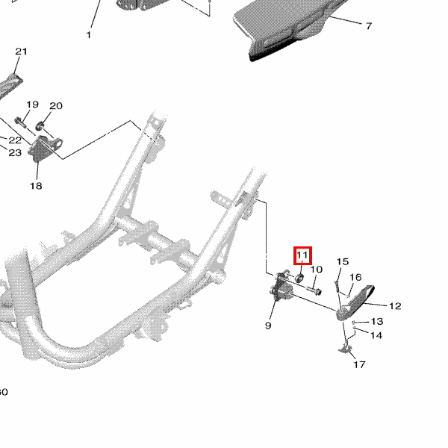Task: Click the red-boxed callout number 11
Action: pyautogui.click(x=302, y=256)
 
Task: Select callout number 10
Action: pyautogui.click(x=316, y=270)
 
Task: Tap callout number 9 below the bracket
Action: pyautogui.click(x=268, y=326)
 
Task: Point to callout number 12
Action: pyautogui.click(x=395, y=305)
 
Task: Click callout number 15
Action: pyautogui.click(x=342, y=261)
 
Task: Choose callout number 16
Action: pyautogui.click(x=355, y=277)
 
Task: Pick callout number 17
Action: pyautogui.click(x=359, y=365)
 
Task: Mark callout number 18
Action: pyautogui.click(x=36, y=186)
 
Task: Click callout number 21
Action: pyautogui.click(x=21, y=52)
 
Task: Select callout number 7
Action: pyautogui.click(x=368, y=26)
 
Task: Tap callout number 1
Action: pyautogui.click(x=89, y=35)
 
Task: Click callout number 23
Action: pyautogui.click(x=15, y=152)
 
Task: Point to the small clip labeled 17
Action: pyautogui.click(x=346, y=349)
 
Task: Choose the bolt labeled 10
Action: pyautogui.click(x=312, y=290)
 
